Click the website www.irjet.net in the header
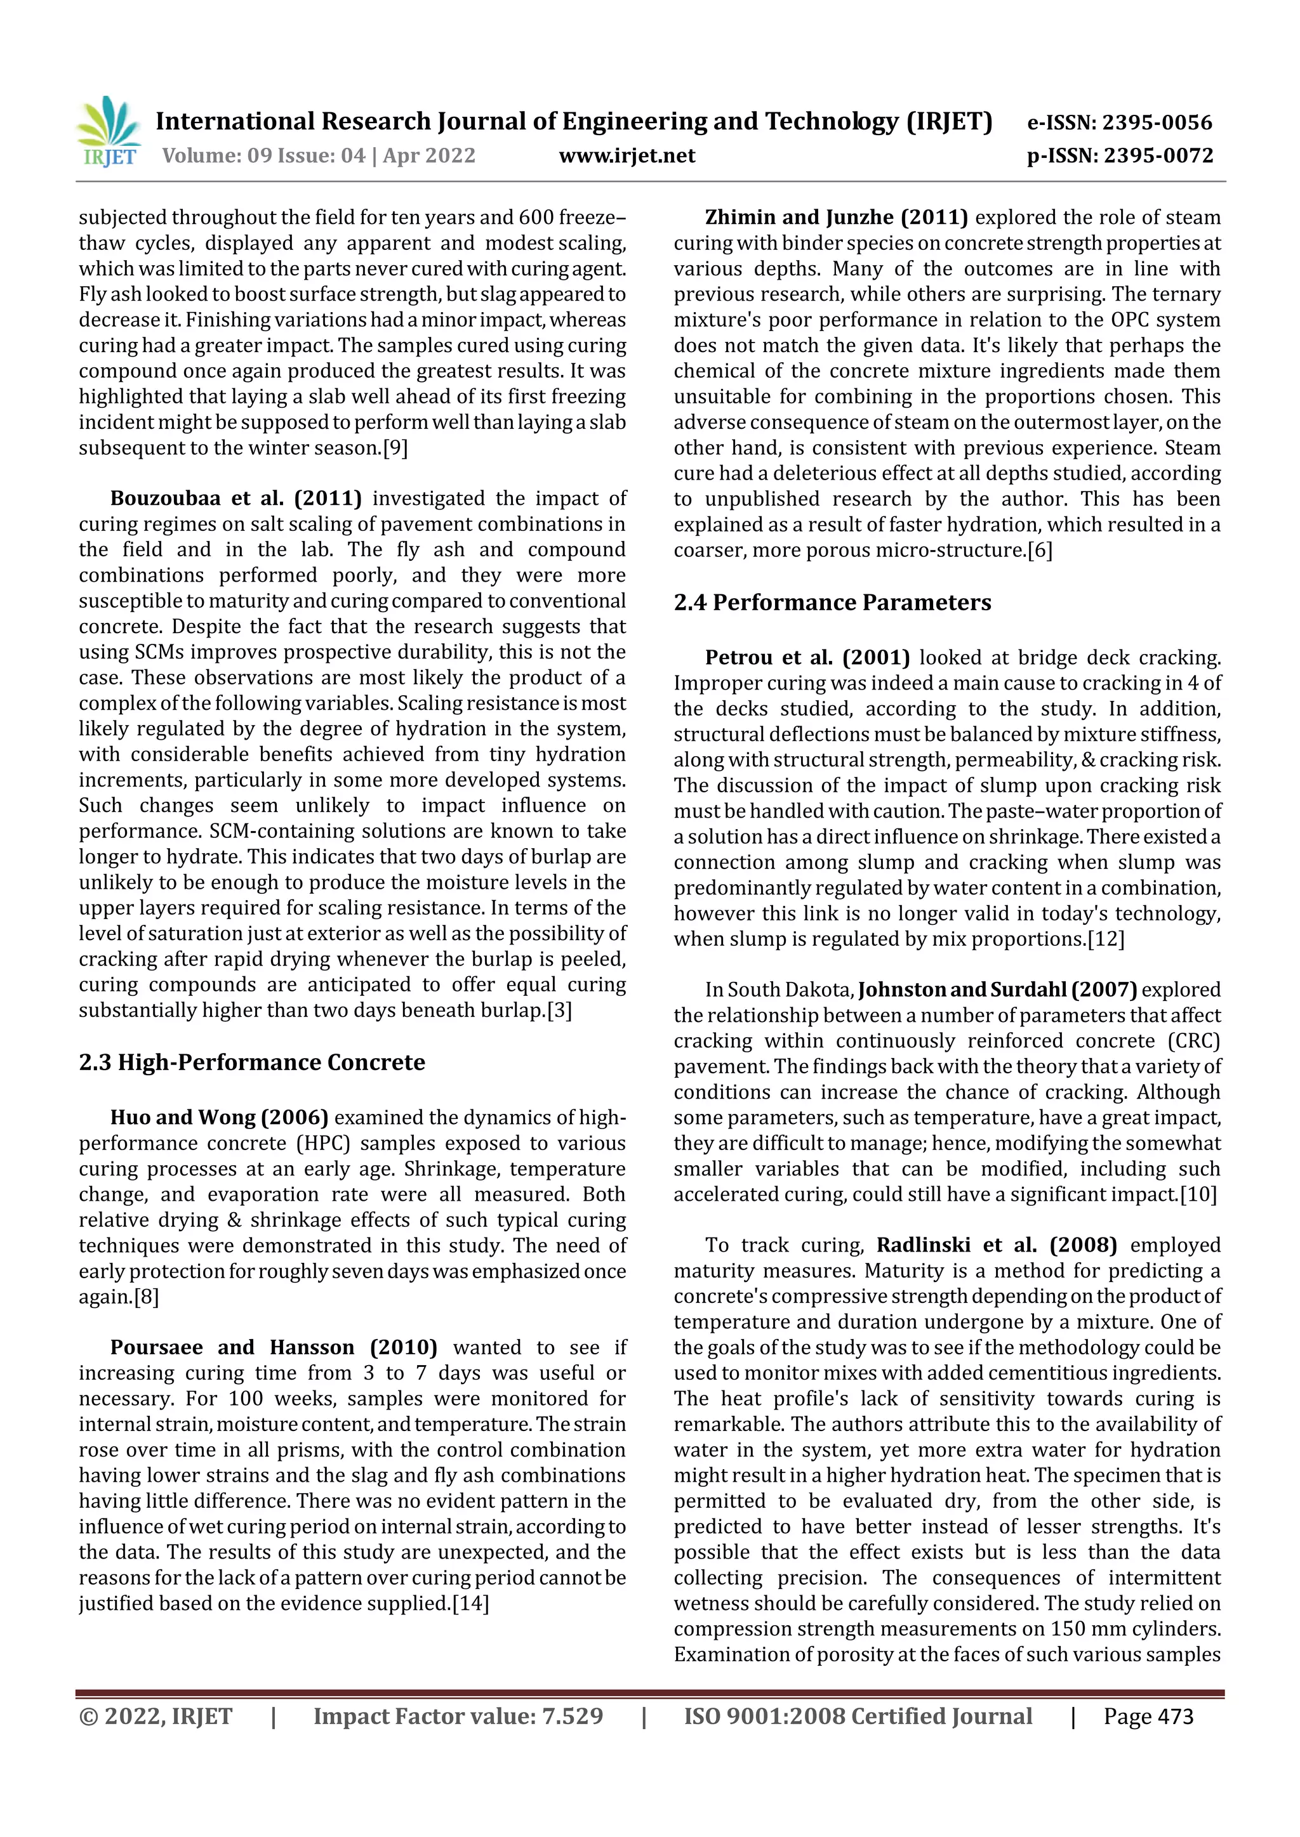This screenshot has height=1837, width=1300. (x=627, y=155)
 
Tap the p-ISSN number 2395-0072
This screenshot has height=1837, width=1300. (x=1158, y=155)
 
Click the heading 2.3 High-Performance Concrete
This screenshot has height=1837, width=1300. (x=251, y=1062)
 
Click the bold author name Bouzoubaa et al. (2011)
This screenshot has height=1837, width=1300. (x=235, y=499)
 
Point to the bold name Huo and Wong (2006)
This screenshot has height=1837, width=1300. (x=220, y=1118)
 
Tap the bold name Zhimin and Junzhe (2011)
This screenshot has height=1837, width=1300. (x=836, y=218)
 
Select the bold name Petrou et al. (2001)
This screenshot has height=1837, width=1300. (x=807, y=658)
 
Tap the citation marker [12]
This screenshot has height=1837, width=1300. (x=1106, y=939)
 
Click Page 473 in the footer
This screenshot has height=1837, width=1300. (x=1148, y=1717)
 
